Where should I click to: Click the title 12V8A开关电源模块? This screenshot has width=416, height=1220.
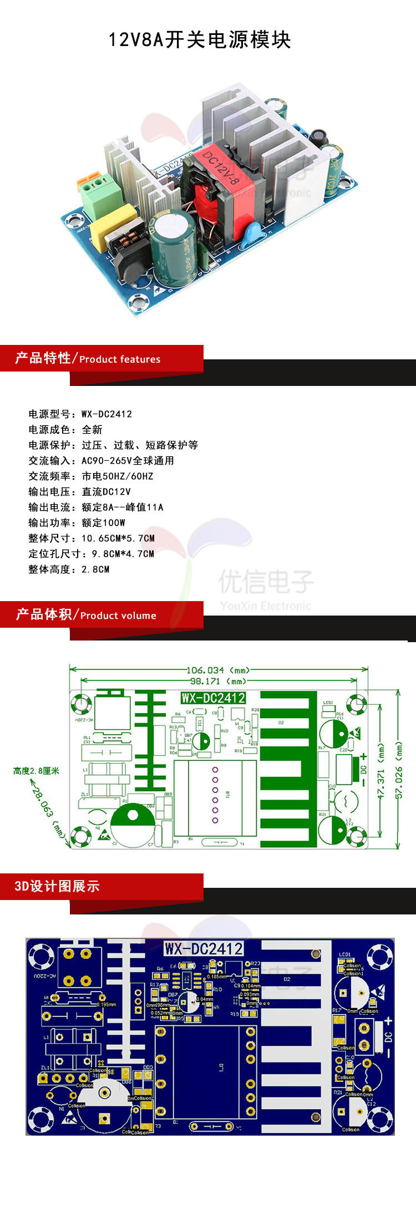(x=200, y=40)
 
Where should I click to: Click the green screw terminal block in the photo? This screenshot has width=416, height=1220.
(x=95, y=191)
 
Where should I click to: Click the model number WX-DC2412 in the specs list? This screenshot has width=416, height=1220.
(x=106, y=414)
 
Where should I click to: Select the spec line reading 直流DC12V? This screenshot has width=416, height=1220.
(x=106, y=491)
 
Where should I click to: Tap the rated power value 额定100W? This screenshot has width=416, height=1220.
(x=103, y=522)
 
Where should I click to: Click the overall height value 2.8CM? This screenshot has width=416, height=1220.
(x=95, y=569)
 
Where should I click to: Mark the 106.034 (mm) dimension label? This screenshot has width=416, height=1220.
(x=217, y=670)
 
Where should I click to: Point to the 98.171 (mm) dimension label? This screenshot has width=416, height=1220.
(x=217, y=681)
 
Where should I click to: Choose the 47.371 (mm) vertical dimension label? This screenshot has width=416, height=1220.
(x=381, y=771)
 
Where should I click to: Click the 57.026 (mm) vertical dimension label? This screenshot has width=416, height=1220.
(x=399, y=771)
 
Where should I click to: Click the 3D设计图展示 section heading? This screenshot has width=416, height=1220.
(x=57, y=886)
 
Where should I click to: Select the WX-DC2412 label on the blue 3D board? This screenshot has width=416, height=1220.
(x=204, y=948)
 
